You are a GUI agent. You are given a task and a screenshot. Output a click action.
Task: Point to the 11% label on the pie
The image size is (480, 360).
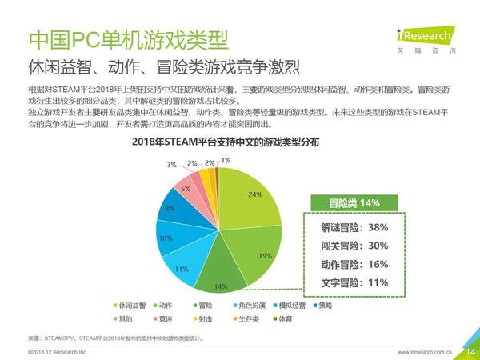(182, 269)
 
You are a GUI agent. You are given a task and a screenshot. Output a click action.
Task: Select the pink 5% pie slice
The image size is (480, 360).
(185, 189)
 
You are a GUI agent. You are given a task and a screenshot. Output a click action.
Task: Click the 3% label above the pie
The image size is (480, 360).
(171, 165)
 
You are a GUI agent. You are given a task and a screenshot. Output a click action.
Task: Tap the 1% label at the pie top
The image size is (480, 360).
(226, 161)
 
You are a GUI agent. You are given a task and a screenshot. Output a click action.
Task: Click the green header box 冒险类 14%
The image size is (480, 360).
(353, 202)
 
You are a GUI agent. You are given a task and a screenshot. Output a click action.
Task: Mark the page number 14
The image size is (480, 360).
(469, 350)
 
